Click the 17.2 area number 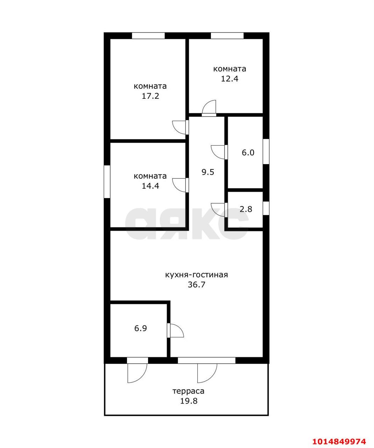pyautogui.click(x=150, y=96)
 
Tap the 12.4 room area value pyautogui.click(x=230, y=79)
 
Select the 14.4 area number pyautogui.click(x=150, y=186)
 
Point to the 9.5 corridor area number pyautogui.click(x=208, y=172)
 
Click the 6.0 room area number pyautogui.click(x=248, y=153)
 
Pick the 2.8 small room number pyautogui.click(x=246, y=209)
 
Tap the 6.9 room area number pyautogui.click(x=140, y=328)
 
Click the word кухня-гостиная pyautogui.click(x=196, y=275)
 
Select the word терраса pyautogui.click(x=189, y=391)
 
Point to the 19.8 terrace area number pyautogui.click(x=189, y=401)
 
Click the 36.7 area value pyautogui.click(x=196, y=285)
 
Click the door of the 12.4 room pyautogui.click(x=209, y=108)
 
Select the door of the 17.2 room pyautogui.click(x=181, y=127)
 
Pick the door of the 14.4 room pyautogui.click(x=181, y=185)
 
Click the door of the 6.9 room pyautogui.click(x=175, y=330)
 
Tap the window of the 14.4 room pyautogui.click(x=107, y=182)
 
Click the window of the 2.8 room pyautogui.click(x=266, y=208)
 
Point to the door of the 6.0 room pyautogui.click(x=219, y=152)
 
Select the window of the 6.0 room pyautogui.click(x=266, y=152)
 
